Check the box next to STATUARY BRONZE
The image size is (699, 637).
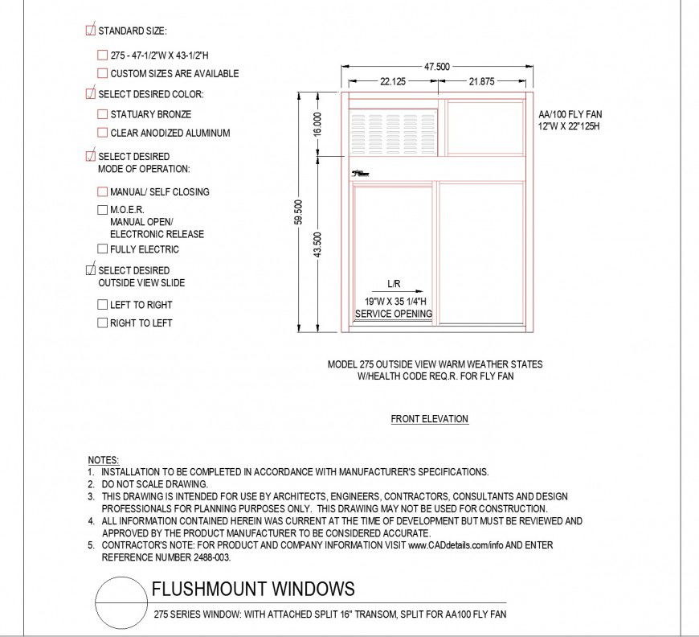point(102,114)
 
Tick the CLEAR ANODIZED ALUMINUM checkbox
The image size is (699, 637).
point(102,133)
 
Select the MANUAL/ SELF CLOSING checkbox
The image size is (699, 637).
point(102,191)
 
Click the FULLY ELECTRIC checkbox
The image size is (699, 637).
point(102,249)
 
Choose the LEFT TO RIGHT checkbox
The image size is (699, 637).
point(102,305)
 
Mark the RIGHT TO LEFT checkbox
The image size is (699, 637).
point(102,323)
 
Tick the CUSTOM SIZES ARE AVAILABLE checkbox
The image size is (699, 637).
point(102,73)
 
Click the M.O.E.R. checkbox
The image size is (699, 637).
point(102,209)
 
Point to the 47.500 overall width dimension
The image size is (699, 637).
point(436,67)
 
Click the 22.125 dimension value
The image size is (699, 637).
point(393,81)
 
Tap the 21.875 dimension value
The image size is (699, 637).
point(481,81)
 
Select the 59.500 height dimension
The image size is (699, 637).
point(299,212)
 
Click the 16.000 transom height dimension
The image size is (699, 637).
point(318,123)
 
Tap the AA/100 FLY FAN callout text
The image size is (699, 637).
point(570,114)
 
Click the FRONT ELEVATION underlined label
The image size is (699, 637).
point(429,418)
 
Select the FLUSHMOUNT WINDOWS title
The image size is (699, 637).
point(253,589)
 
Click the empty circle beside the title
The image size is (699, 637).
point(121,604)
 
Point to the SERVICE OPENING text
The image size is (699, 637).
point(394,314)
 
